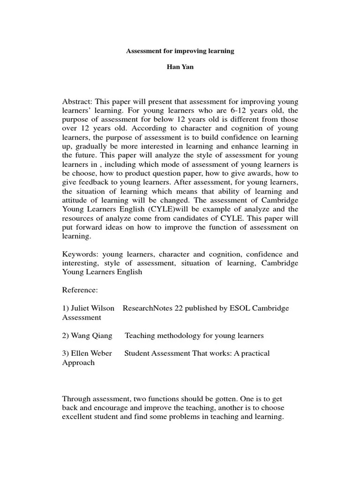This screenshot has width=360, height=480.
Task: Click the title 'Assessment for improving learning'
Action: pyautogui.click(x=180, y=51)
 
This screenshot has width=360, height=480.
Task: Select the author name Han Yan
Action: pyautogui.click(x=180, y=67)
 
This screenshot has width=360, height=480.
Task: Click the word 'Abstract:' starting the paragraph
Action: pyautogui.click(x=78, y=102)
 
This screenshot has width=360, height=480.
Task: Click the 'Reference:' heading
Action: pyautogui.click(x=80, y=290)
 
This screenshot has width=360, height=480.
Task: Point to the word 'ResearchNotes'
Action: pyautogui.click(x=146, y=308)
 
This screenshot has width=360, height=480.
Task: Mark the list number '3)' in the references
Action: pyautogui.click(x=66, y=353)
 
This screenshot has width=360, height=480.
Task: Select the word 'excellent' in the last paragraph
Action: pyautogui.click(x=77, y=417)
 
